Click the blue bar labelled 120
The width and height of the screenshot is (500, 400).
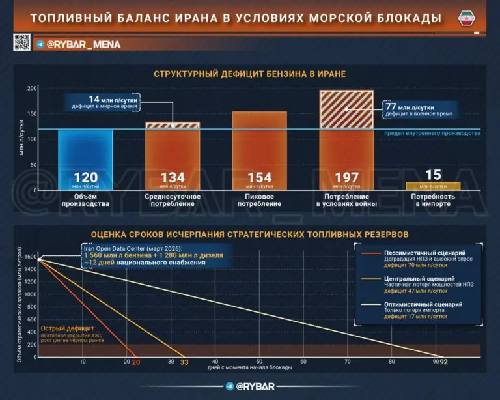[85, 156]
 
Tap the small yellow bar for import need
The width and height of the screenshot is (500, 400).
[433, 186]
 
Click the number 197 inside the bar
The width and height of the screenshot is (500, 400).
[346, 177]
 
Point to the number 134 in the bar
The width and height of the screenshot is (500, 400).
[173, 177]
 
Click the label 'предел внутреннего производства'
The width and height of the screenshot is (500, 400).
[432, 133]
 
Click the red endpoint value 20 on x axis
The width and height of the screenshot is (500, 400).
[136, 362]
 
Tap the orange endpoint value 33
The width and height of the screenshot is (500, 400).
[184, 362]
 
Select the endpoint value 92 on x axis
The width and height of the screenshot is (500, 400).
[444, 362]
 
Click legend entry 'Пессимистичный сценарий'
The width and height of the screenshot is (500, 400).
[404, 253]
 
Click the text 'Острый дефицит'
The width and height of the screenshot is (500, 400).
[67, 328]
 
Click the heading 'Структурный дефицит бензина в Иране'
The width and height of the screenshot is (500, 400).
[249, 74]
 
